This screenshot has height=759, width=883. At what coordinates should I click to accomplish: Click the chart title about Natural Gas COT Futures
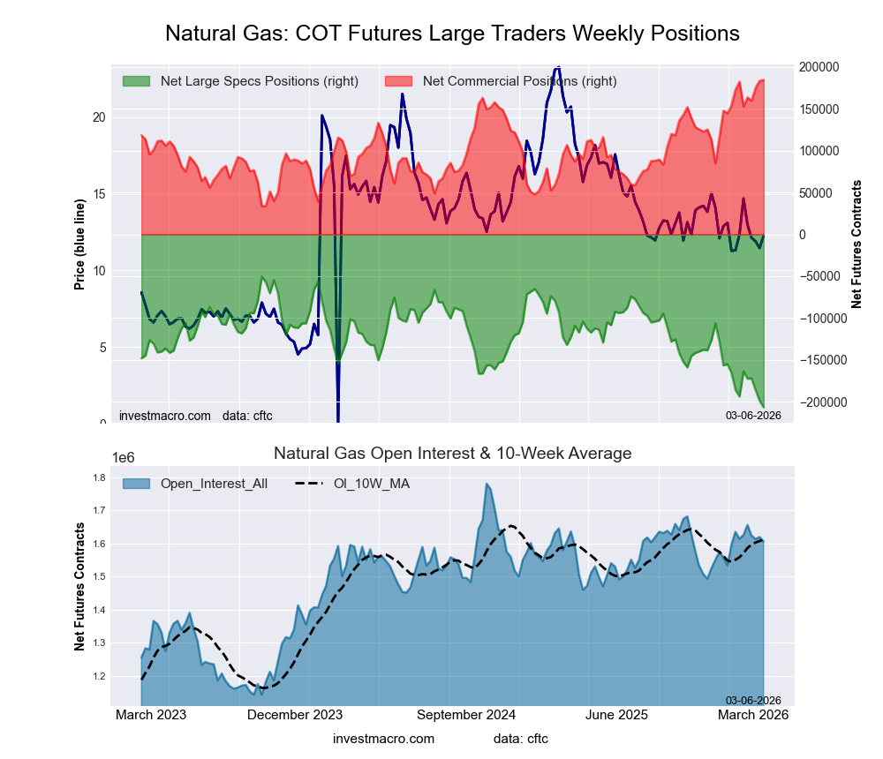point(452,34)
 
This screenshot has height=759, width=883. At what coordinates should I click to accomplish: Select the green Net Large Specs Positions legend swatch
point(137,81)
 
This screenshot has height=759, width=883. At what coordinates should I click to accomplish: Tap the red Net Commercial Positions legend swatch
point(399,81)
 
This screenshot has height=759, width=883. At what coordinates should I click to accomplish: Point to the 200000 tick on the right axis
point(819,67)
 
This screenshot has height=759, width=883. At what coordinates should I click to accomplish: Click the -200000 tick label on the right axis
point(818,402)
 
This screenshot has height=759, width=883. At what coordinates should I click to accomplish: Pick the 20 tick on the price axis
point(99,117)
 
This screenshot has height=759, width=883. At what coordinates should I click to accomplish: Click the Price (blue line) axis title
point(79,244)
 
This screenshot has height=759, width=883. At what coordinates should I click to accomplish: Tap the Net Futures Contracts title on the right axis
point(856,244)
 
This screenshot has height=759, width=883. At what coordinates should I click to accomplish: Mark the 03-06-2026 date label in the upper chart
point(753,415)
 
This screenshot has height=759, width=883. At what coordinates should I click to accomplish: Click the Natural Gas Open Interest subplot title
point(452,454)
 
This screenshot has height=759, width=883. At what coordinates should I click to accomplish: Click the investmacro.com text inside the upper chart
point(165,416)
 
